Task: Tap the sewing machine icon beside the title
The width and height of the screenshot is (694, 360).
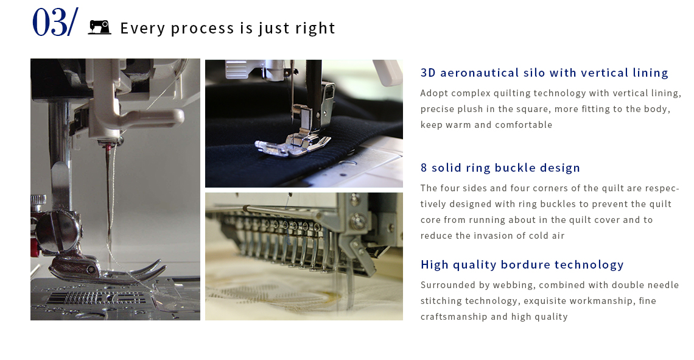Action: [x=100, y=27]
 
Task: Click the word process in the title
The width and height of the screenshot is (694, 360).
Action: [x=202, y=29]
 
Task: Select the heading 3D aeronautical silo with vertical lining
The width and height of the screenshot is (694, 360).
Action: [x=544, y=72]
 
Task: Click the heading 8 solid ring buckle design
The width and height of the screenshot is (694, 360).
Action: [x=500, y=168]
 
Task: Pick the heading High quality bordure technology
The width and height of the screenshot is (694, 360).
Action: [x=522, y=265]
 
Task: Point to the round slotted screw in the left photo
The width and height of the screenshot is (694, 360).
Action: [x=58, y=230]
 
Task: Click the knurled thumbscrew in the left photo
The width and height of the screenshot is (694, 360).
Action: [x=38, y=200]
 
